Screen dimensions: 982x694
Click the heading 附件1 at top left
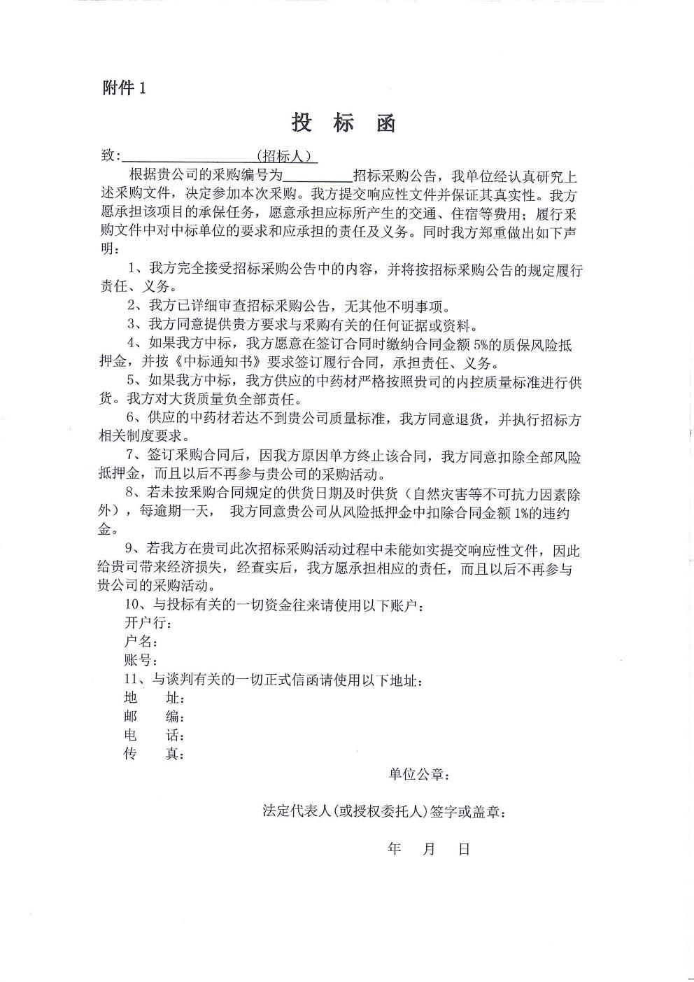click(x=125, y=88)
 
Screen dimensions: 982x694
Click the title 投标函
click(x=344, y=124)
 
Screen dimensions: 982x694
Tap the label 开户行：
click(x=146, y=623)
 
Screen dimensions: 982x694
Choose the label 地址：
click(x=154, y=698)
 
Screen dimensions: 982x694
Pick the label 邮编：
click(x=154, y=717)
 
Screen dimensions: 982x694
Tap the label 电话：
click(x=154, y=736)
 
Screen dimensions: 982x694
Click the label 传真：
click(x=154, y=755)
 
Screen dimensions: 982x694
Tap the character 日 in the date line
click(x=464, y=850)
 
